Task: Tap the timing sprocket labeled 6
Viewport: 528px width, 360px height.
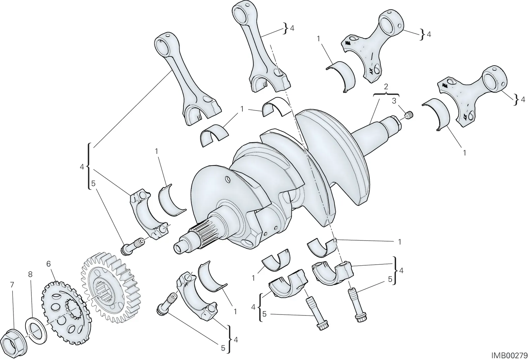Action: pos(66,313)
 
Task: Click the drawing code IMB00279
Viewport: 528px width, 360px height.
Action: pos(509,355)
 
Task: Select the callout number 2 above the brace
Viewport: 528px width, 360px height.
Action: pos(386,86)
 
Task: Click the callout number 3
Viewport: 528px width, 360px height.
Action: pos(394,101)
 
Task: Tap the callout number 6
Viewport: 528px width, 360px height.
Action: pos(48,264)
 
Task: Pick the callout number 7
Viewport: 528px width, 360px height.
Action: pos(12,285)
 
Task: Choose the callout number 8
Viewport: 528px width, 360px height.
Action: pos(30,274)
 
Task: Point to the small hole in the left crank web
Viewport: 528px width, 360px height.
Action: pos(228,180)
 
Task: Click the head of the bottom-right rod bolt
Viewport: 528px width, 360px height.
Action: pos(360,318)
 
